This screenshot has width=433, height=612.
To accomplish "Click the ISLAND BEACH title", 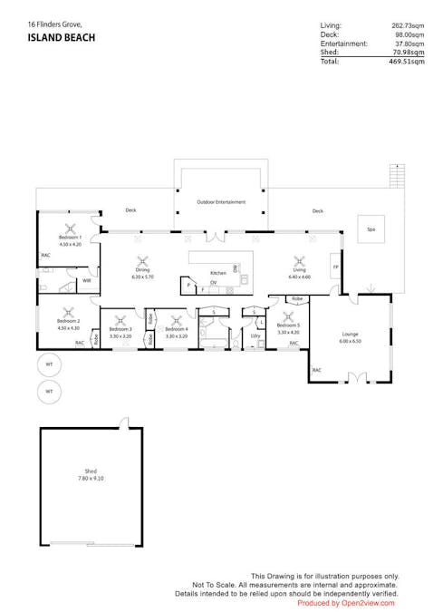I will point(61,38).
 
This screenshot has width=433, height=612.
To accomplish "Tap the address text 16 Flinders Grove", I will point(55,24).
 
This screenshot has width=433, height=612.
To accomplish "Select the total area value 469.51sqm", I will point(406,62).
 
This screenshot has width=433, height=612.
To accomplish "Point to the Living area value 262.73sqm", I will point(407,26).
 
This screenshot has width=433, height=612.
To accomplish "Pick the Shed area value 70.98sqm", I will point(408,53).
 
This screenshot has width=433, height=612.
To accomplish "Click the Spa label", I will point(370,229).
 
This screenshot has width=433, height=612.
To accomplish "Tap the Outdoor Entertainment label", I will point(221,201).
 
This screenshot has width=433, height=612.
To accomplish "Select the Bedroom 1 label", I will point(70,237).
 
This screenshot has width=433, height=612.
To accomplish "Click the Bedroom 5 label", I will point(288,325).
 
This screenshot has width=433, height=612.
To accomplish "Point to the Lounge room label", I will point(350,334).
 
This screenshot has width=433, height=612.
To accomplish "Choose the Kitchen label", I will point(218,273).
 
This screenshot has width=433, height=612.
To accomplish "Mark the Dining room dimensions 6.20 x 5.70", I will point(143,276).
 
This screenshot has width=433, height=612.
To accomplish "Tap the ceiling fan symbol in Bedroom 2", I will point(70,310).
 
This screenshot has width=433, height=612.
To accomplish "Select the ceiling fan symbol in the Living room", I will point(299,258).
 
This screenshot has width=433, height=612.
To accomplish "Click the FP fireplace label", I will point(335,267).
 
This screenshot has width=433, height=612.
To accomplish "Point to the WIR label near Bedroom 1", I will point(86,281).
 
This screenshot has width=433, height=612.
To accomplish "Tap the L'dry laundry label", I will point(255,335).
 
